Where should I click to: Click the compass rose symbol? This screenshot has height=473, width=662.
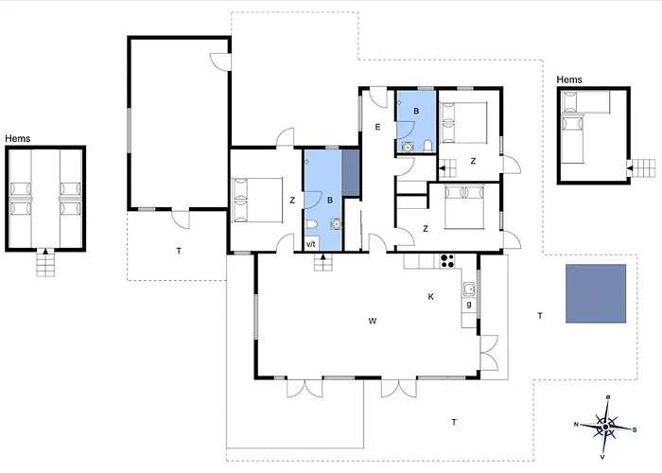click(x=606, y=427)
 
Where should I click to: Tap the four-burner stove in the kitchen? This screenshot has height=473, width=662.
click(x=447, y=261)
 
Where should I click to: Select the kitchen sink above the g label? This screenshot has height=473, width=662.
click(x=469, y=289)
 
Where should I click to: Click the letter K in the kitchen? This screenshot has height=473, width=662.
click(x=430, y=297)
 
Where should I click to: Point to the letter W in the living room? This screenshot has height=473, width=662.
click(x=373, y=321)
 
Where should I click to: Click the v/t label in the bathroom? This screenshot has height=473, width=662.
click(x=311, y=244)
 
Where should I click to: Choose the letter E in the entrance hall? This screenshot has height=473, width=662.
click(x=377, y=127)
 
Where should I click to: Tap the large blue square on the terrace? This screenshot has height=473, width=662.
click(x=596, y=293)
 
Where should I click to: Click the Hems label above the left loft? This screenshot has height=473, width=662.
click(x=18, y=138)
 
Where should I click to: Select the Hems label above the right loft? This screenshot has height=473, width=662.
click(x=569, y=79)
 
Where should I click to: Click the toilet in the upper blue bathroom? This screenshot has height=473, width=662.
click(x=427, y=146)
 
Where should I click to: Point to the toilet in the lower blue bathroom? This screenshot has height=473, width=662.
click(x=311, y=224)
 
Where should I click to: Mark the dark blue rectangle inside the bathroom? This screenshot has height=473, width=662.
click(x=351, y=173)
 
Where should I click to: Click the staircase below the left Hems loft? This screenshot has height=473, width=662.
click(x=45, y=262)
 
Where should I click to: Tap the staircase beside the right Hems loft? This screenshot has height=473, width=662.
click(x=641, y=168)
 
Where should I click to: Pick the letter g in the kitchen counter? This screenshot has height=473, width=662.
click(x=469, y=305)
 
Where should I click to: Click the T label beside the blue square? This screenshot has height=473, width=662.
click(x=540, y=315)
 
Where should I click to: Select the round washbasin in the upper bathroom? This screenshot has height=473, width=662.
click(x=407, y=147)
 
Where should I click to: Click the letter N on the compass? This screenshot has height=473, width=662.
click(x=576, y=424)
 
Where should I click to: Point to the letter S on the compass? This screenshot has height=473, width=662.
click(x=635, y=429)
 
